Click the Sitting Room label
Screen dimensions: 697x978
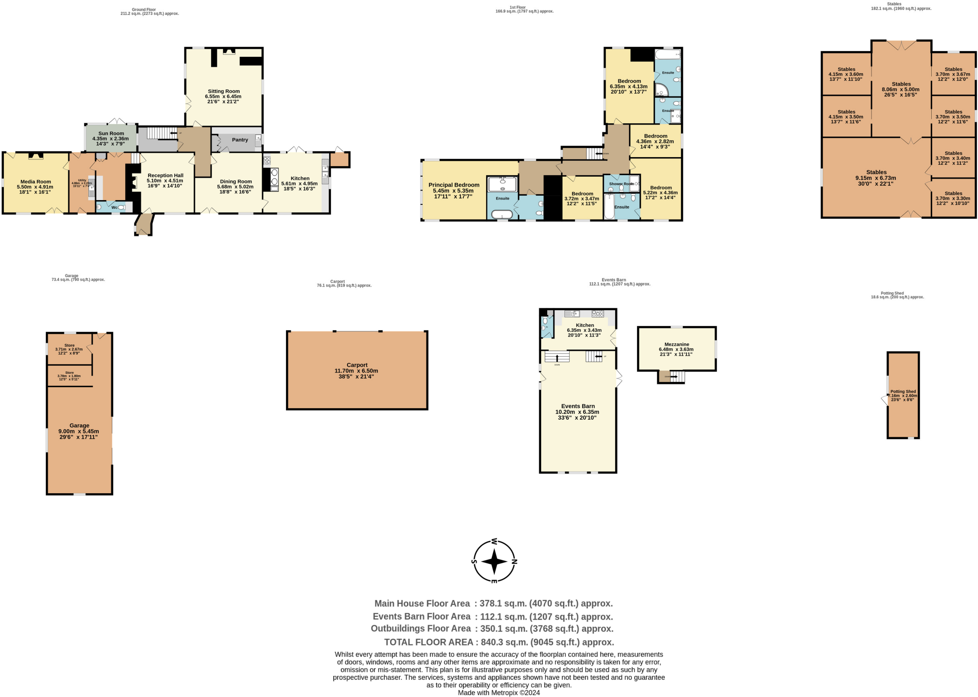[x=223, y=91]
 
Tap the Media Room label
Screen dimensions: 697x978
[x=35, y=182]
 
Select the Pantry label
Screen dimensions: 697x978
[x=240, y=140]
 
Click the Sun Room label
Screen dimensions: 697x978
[x=111, y=134]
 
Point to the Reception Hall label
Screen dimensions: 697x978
[x=165, y=176]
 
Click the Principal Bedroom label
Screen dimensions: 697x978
[x=454, y=185]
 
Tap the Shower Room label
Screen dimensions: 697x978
[x=621, y=184]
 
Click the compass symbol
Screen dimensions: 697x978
[x=494, y=561]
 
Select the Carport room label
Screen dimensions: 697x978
[x=357, y=365]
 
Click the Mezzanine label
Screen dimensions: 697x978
[x=677, y=344]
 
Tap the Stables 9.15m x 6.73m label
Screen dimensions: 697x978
[x=876, y=178]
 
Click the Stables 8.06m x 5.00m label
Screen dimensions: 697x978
[x=901, y=89]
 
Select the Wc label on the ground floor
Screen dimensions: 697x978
[x=114, y=208]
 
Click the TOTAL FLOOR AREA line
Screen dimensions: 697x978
[x=499, y=642]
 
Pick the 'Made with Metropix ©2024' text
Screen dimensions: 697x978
[x=499, y=693]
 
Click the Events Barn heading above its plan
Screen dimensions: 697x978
[x=613, y=280]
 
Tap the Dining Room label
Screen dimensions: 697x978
[x=235, y=182]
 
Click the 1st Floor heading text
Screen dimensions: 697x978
[x=517, y=8]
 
